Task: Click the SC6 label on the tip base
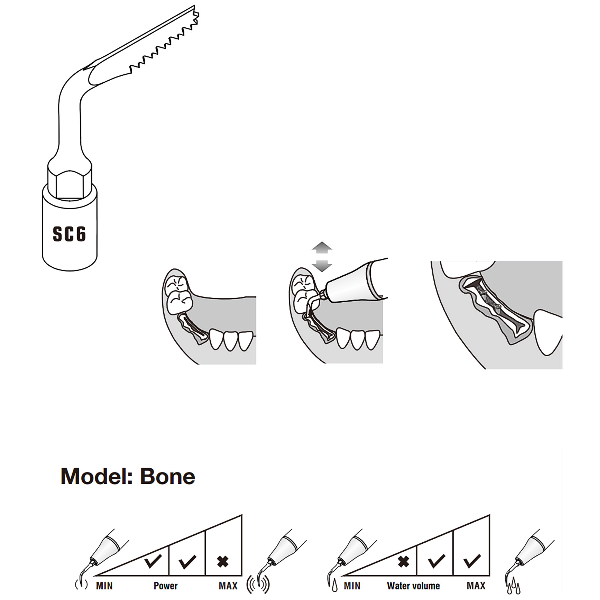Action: [x=69, y=234]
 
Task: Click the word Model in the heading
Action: [x=96, y=477]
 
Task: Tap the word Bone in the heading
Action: [x=167, y=477]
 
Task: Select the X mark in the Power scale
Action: [x=223, y=561]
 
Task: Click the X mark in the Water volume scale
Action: [x=403, y=561]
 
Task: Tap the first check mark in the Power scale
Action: [x=153, y=561]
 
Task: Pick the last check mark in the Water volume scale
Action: [x=472, y=561]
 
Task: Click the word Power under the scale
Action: [x=165, y=586]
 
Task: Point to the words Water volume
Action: [x=413, y=586]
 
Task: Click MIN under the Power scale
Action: [x=104, y=586]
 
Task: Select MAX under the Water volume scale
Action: [x=476, y=586]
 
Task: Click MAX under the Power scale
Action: [x=228, y=586]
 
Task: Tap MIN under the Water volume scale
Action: [x=352, y=586]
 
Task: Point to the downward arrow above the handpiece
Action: [x=322, y=266]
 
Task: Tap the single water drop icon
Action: [x=334, y=586]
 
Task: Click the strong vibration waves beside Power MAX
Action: [x=258, y=585]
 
